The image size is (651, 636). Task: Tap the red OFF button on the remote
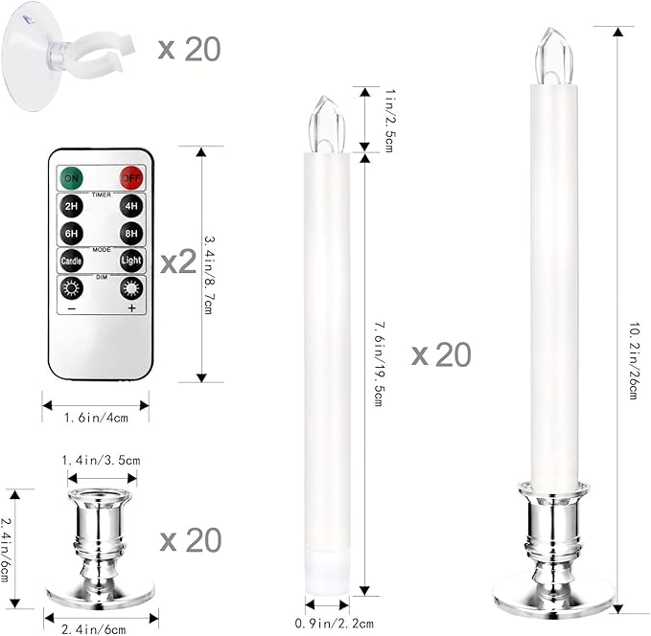pos(131,177)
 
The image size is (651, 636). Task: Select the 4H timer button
pos(131,205)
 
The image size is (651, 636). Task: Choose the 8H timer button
pos(131,233)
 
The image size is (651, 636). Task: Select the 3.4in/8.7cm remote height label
pos(214,263)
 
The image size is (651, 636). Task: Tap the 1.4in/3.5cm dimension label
pos(102,461)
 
